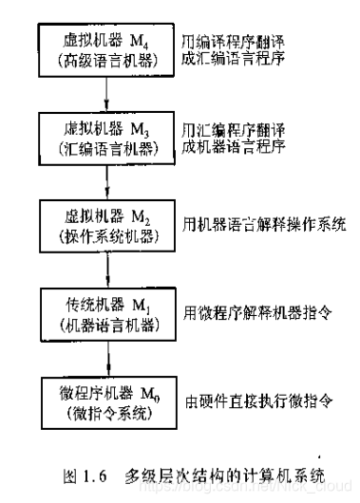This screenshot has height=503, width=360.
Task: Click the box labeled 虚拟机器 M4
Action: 108,49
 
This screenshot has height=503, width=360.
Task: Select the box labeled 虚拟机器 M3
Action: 108,137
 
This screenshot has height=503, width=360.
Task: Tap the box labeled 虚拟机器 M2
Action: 108,224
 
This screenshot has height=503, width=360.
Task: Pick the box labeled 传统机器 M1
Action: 108,312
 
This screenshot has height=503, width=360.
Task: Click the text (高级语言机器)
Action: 108,59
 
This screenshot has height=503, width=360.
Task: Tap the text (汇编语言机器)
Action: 108,147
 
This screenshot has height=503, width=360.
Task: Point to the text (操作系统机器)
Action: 108,234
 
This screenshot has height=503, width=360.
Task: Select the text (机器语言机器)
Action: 108,323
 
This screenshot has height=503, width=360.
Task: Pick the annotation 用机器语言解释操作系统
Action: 265,226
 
